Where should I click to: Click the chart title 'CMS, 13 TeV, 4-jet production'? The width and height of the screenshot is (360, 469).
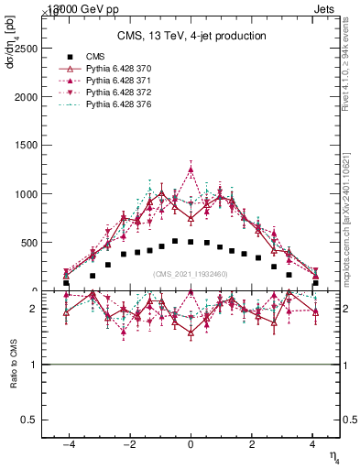[191, 37]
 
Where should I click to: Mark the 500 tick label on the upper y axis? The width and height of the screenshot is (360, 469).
[31, 243]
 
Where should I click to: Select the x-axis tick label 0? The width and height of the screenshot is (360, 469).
[191, 443]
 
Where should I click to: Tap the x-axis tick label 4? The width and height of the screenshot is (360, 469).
[314, 443]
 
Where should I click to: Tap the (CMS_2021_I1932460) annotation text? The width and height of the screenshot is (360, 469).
[191, 274]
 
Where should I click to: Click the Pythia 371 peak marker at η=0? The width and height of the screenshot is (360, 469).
[191, 169]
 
